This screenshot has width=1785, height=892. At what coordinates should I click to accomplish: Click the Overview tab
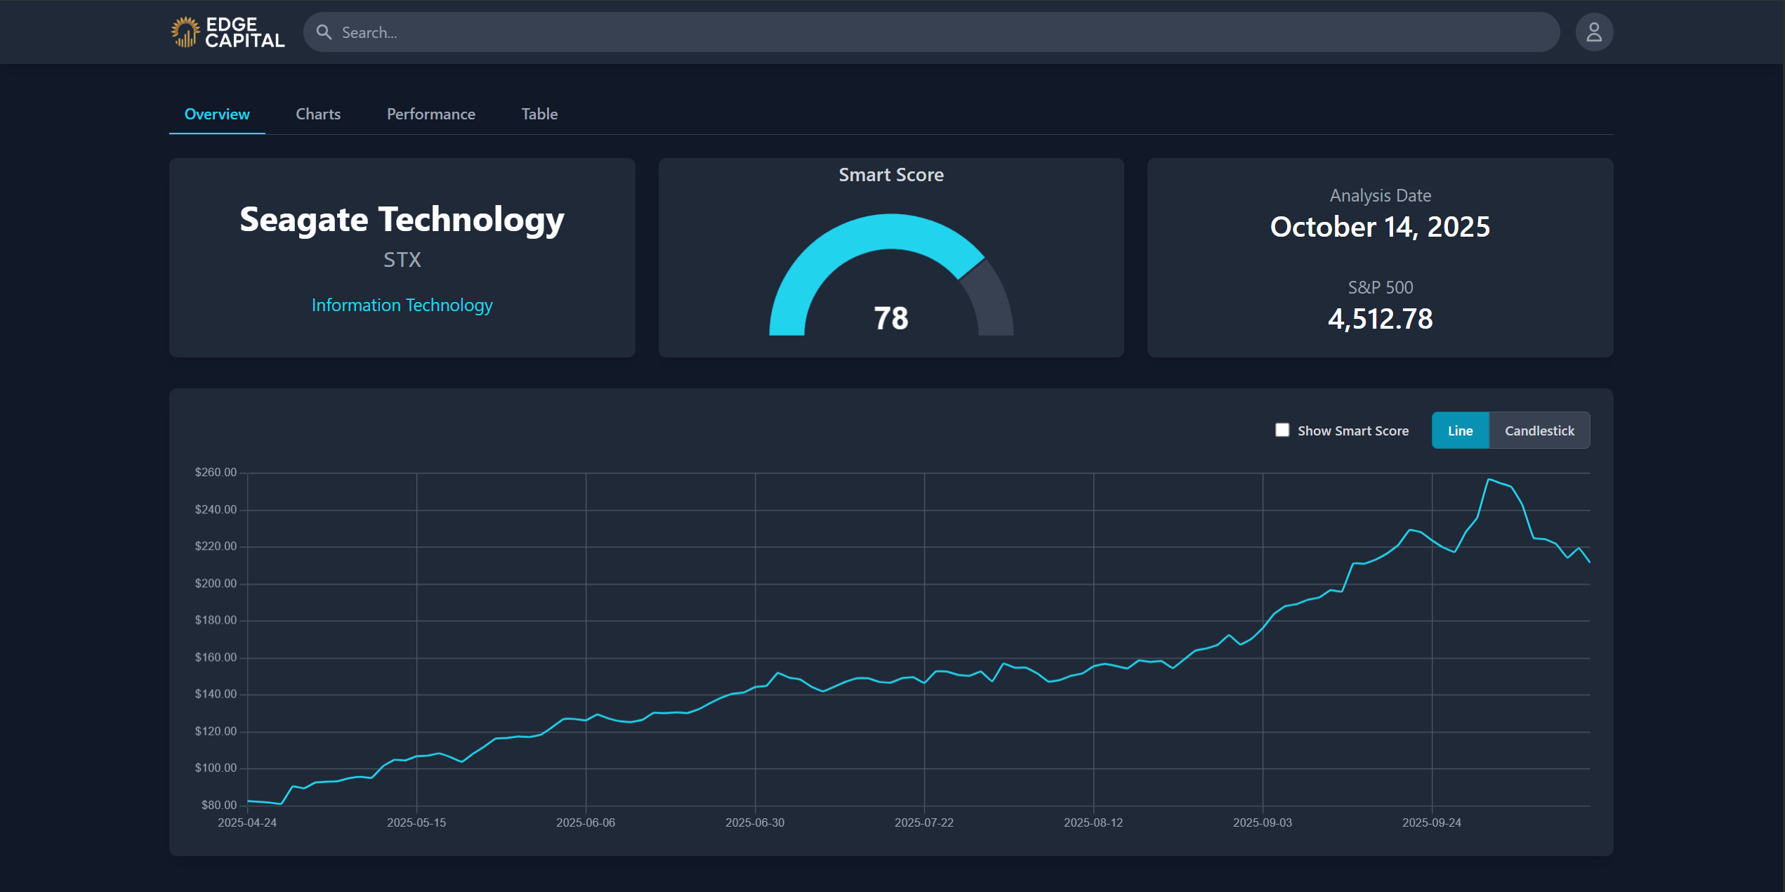point(217,114)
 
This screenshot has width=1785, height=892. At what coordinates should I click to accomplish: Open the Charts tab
point(318,114)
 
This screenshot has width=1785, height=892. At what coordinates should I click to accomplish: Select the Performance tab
point(430,114)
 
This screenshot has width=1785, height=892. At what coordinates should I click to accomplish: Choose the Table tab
point(539,114)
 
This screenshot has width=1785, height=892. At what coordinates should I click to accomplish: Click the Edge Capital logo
point(228,32)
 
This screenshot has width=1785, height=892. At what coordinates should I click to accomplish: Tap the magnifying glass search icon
point(324,32)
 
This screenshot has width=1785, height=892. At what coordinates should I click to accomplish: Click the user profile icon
point(1594,32)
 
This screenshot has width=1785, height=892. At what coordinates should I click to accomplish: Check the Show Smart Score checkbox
point(1282,430)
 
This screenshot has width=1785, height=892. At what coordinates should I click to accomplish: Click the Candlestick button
point(1539,431)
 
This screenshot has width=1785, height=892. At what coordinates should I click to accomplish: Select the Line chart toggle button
point(1460,431)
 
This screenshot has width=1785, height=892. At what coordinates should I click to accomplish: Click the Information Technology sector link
point(402,305)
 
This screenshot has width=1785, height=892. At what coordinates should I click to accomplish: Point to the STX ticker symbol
point(402,260)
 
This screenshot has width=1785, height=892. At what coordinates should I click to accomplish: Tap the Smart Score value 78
point(890,318)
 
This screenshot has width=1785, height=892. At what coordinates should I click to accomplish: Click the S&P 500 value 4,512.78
point(1380,319)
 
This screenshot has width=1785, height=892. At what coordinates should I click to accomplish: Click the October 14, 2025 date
point(1380,227)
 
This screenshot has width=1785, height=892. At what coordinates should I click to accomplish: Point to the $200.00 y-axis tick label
point(216,583)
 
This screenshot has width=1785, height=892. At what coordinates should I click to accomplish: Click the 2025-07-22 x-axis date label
point(923,822)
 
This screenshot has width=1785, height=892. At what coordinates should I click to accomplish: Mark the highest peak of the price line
point(1489,479)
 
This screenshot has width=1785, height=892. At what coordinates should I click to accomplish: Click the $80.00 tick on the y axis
point(219,805)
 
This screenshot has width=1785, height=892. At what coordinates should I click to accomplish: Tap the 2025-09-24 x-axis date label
point(1431,822)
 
